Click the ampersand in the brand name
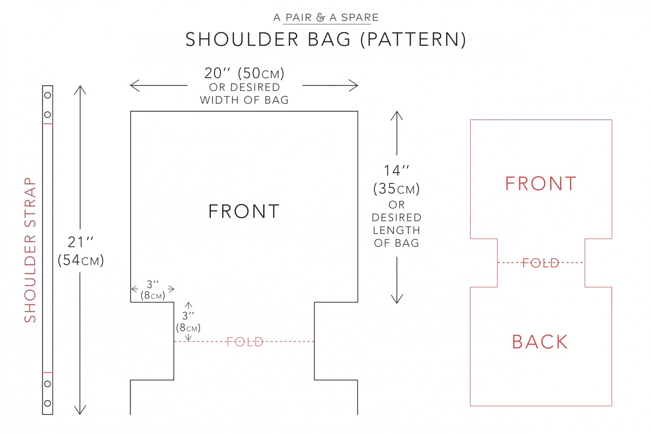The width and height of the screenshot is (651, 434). [320, 18]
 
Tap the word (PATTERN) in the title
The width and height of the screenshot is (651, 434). [413, 39]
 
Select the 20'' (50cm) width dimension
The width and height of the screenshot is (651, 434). [244, 73]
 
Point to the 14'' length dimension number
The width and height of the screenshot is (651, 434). [396, 171]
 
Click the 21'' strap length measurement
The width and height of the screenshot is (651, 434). [80, 242]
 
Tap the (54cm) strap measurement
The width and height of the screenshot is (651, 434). [81, 260]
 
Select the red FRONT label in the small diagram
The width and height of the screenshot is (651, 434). [541, 184]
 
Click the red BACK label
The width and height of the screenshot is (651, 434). [540, 342]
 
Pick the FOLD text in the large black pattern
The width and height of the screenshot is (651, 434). [245, 342]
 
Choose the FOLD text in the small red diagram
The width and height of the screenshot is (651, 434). [541, 263]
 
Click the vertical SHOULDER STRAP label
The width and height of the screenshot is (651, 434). [30, 250]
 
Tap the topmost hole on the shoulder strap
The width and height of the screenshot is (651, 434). [48, 95]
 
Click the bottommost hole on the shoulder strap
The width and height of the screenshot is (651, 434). [48, 403]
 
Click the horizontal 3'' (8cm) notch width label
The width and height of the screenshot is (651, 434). [153, 290]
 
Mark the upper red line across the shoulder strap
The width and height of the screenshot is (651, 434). [48, 124]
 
